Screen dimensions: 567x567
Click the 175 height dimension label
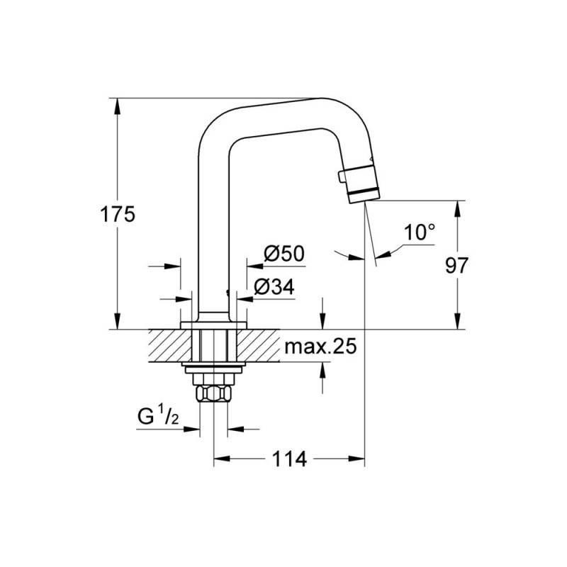click(118, 214)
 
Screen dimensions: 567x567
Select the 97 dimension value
click(456, 265)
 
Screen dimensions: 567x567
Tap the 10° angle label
click(420, 232)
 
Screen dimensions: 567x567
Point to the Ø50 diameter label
click(284, 254)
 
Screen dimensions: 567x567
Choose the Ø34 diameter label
click(274, 287)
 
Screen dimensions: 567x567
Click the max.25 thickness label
click(320, 346)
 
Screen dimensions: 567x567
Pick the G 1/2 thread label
click(158, 416)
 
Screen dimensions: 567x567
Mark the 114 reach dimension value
click(289, 459)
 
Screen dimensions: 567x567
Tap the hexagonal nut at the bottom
click(213, 393)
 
